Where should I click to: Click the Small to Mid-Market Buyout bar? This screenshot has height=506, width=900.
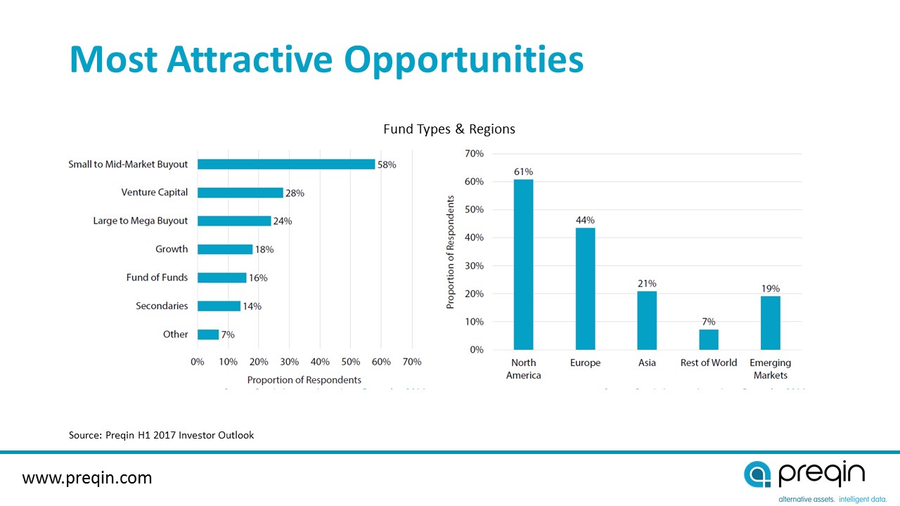pos(286,164)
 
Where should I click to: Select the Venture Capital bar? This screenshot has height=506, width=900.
pos(240,193)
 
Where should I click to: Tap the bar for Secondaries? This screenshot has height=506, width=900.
pos(219,306)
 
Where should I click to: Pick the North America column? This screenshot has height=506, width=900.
pos(523,264)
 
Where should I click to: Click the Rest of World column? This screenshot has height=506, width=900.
pos(709,339)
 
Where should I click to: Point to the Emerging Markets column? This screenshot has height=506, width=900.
pos(770,323)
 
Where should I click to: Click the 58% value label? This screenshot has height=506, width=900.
pos(387,164)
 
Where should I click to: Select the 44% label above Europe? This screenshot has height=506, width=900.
pos(585,219)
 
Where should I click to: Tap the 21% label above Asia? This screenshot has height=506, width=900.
pos(647,283)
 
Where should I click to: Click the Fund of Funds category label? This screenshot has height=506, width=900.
pos(157,278)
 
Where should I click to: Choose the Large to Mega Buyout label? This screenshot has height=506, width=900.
pos(141,221)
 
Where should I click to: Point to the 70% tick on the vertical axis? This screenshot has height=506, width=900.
pos(475,153)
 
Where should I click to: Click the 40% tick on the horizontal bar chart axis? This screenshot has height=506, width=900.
pos(320,361)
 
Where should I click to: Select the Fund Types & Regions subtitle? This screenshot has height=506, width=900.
pos(449,129)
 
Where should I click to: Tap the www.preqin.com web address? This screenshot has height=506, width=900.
pos(87,478)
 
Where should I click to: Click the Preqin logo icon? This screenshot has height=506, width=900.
pos(758,475)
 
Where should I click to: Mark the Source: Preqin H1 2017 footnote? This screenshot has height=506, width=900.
pos(161,435)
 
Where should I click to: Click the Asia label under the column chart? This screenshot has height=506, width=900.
pos(647,363)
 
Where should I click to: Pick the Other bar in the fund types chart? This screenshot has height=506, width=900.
pos(208,335)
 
